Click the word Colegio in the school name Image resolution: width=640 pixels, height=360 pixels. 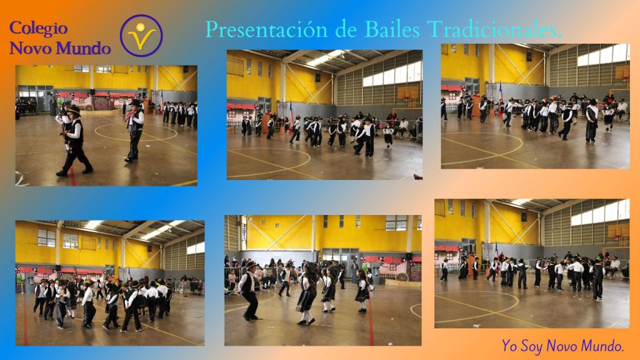click(38, 29)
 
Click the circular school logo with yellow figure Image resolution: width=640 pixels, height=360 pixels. click(141, 36)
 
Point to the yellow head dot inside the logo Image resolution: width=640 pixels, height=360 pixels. click(141, 27)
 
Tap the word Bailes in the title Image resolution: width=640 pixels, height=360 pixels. click(392, 29)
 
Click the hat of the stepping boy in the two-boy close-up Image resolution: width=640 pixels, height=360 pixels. click(74, 109)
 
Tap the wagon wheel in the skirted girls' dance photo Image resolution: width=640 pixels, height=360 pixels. click(402, 277)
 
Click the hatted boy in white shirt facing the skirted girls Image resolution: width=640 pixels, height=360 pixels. click(249, 291)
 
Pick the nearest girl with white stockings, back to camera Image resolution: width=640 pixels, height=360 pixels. click(307, 294)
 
